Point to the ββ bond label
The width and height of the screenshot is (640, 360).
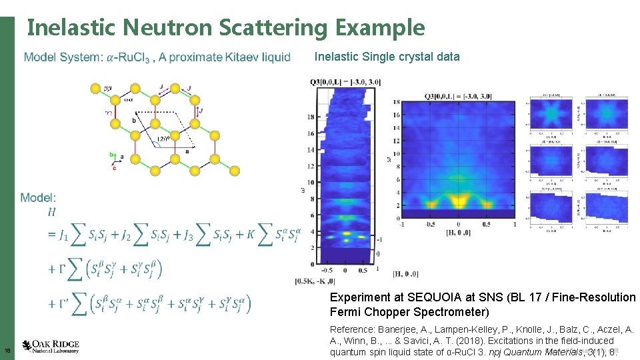(108, 87)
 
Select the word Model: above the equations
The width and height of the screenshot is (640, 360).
(38, 197)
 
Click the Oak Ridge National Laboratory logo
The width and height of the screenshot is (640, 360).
(51, 345)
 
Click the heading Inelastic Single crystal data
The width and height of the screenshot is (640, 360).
(387, 57)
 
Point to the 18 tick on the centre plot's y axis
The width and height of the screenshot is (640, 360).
(396, 102)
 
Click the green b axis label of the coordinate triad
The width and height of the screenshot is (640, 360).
(111, 154)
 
